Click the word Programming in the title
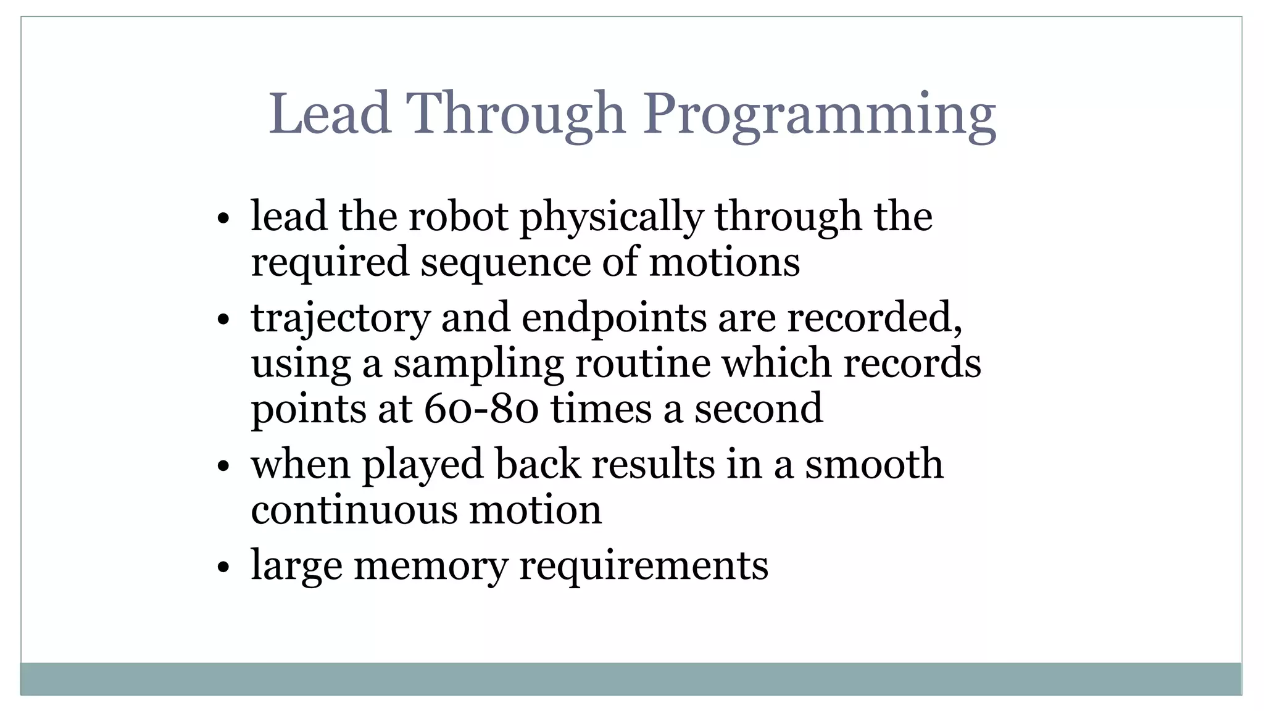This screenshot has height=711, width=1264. pyautogui.click(x=820, y=116)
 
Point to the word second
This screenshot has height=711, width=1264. pyautogui.click(x=759, y=409)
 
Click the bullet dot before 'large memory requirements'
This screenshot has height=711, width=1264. pyautogui.click(x=223, y=566)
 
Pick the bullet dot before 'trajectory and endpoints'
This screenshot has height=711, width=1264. pyautogui.click(x=223, y=320)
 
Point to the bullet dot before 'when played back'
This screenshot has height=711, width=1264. pyautogui.click(x=223, y=465)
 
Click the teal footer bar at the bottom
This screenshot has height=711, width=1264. pyautogui.click(x=631, y=679)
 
